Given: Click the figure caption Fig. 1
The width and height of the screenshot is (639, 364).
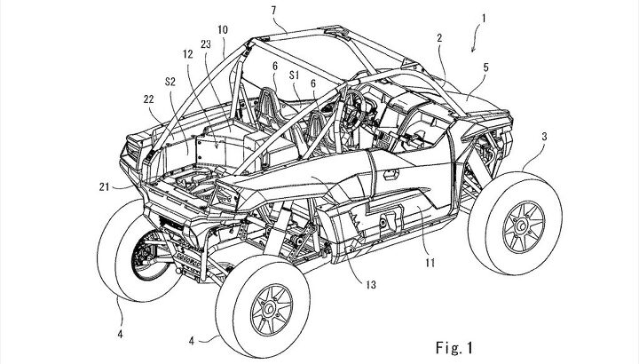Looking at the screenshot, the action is [454, 348].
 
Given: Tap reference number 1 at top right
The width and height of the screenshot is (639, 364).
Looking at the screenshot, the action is [484, 19].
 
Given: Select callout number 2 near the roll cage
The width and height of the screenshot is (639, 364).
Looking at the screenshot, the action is [439, 38].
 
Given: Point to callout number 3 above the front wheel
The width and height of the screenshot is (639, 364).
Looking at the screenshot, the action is [544, 137].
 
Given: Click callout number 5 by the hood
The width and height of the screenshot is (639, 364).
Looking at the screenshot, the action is [485, 67].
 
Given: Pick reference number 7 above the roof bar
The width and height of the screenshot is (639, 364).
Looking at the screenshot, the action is [274, 10].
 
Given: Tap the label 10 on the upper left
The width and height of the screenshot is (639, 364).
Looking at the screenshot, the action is [223, 30].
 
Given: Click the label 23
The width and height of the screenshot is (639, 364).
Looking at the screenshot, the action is [206, 44].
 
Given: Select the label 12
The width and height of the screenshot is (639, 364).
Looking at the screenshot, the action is [188, 54].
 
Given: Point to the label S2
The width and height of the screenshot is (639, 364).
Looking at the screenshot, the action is [170, 82].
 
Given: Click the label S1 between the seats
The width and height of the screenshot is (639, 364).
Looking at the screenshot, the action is [295, 75].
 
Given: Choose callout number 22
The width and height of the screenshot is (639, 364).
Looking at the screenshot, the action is [149, 99].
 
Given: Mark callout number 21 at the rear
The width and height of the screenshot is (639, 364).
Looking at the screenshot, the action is [105, 186].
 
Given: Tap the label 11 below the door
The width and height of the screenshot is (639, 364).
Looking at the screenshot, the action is [430, 263].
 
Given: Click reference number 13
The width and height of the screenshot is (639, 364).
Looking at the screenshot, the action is [371, 284].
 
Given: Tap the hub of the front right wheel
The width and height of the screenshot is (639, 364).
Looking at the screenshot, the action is [522, 226].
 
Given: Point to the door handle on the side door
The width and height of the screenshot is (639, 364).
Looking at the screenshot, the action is [390, 175].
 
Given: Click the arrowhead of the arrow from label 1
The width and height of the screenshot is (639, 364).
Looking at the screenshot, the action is [473, 50].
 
